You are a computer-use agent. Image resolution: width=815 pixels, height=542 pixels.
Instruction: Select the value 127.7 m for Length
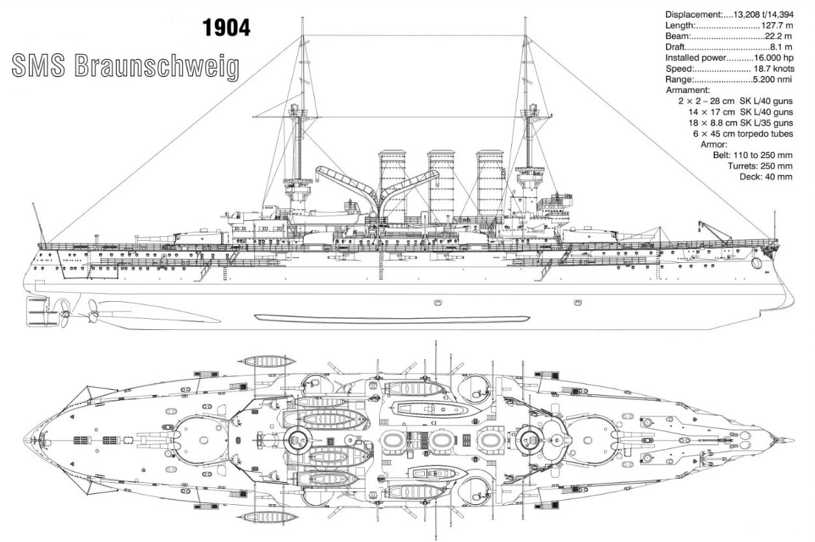(777, 25)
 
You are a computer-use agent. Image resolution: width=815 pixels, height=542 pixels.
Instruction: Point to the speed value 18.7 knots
(773, 69)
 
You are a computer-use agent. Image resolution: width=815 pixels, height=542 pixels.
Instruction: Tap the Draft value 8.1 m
(780, 47)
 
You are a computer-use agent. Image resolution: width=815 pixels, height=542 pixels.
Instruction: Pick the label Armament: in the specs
(688, 90)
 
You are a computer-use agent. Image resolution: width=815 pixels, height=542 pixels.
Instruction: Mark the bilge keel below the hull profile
(390, 318)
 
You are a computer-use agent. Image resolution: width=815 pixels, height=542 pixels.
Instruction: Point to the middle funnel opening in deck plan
(441, 440)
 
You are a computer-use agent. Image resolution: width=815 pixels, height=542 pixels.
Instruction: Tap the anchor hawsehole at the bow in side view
(756, 263)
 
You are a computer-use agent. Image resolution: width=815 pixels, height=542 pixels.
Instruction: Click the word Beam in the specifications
(676, 36)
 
